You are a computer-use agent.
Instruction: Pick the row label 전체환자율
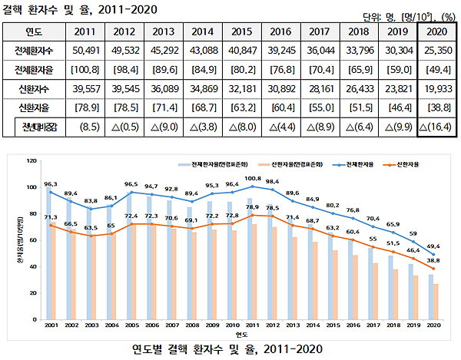(x=34, y=71)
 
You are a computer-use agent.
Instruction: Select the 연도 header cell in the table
(x=34, y=32)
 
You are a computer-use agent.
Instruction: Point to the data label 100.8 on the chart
(x=253, y=178)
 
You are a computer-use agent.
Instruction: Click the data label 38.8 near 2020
(x=433, y=262)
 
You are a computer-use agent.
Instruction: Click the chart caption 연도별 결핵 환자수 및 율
(x=230, y=348)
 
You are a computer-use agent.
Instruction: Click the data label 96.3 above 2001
(x=51, y=184)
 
